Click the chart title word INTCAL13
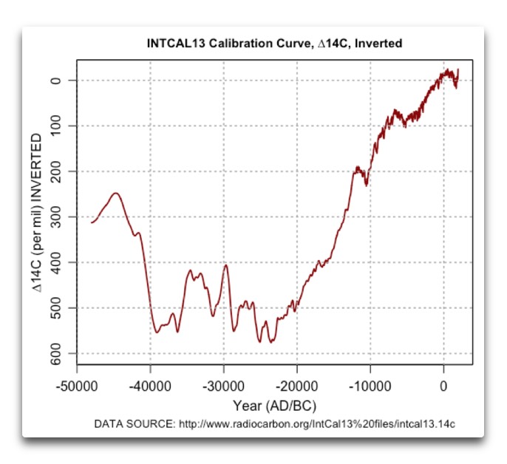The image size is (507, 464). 176,44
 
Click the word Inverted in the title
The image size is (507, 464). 380,44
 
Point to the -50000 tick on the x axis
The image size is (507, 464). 77,386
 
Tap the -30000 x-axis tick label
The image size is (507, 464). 223,386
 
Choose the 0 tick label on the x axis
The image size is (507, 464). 443,386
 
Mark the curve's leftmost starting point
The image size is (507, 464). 92,222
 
